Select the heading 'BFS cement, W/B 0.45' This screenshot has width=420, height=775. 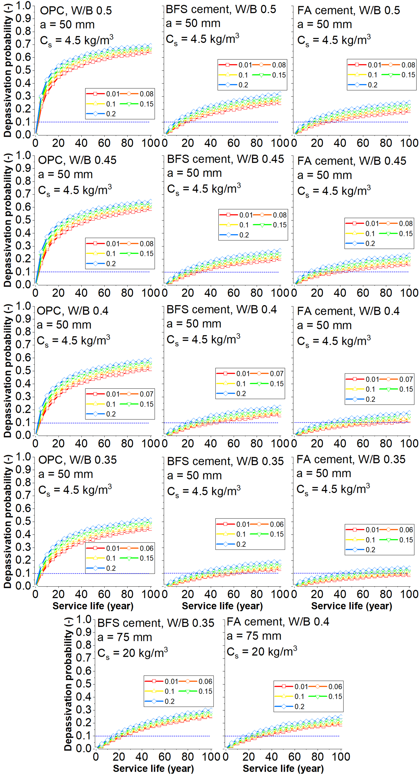pos(225,159)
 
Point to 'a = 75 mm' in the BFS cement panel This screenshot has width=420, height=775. pos(125,637)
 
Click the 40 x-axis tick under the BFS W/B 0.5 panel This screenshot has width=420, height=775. pos(210,143)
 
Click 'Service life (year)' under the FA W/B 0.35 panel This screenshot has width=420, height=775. pos(351,606)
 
